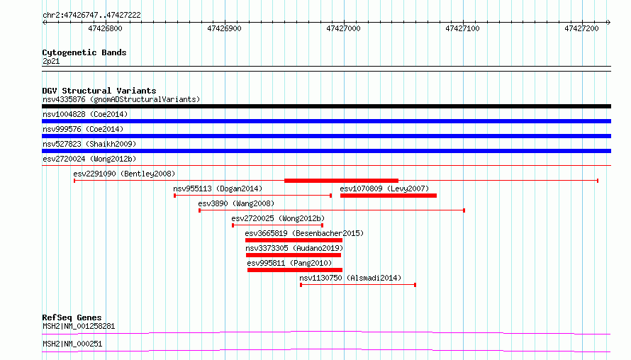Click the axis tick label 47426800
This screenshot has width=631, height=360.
pyautogui.click(x=105, y=28)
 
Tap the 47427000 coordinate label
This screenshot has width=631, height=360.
pyautogui.click(x=343, y=28)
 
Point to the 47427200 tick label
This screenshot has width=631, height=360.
pyautogui.click(x=581, y=28)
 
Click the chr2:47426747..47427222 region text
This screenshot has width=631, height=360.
pyautogui.click(x=91, y=15)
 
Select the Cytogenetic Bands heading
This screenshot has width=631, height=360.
pyautogui.click(x=84, y=52)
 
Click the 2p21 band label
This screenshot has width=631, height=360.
pyautogui.click(x=51, y=61)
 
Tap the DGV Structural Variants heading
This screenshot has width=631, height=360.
pyautogui.click(x=99, y=91)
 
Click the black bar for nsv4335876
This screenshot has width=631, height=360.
pyautogui.click(x=326, y=106)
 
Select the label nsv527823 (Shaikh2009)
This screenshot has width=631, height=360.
pyautogui.click(x=89, y=144)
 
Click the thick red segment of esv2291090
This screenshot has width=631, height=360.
pyautogui.click(x=341, y=181)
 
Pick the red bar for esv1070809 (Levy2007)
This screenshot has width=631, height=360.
pyautogui.click(x=389, y=196)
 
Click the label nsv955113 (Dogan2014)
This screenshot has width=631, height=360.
pyautogui.click(x=218, y=189)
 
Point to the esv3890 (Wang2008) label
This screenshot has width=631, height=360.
pyautogui.click(x=236, y=203)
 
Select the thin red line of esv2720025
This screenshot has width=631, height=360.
pyautogui.click(x=278, y=225)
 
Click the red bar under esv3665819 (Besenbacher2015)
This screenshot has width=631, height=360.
pyautogui.click(x=294, y=240)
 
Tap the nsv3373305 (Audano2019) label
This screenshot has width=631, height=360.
pyautogui.click(x=294, y=248)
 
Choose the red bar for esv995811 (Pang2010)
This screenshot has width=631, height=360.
pyautogui.click(x=295, y=270)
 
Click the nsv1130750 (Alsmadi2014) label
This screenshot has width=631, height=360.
pyautogui.click(x=350, y=278)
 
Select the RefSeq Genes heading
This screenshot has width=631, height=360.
pyautogui.click(x=72, y=317)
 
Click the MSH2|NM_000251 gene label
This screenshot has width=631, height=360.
pyautogui.click(x=72, y=344)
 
